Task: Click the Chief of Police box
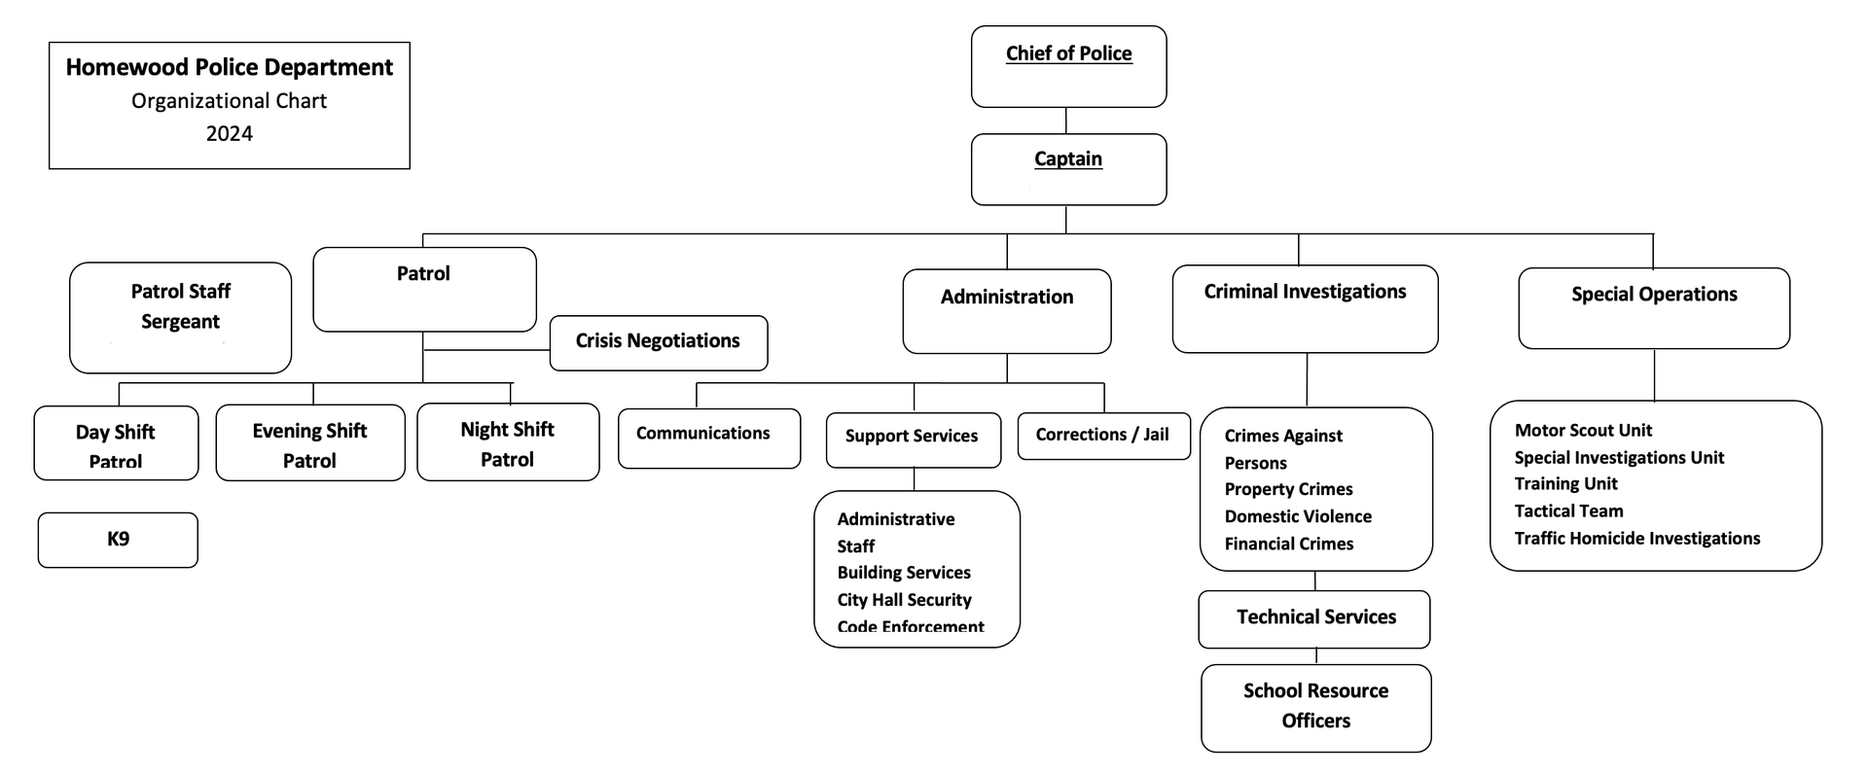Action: pyautogui.click(x=1068, y=66)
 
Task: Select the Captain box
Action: pyautogui.click(x=1068, y=169)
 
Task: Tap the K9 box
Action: pyautogui.click(x=118, y=540)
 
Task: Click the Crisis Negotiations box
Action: pyautogui.click(x=659, y=342)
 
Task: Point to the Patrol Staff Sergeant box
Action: pyautogui.click(x=181, y=317)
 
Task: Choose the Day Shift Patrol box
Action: pyautogui.click(x=116, y=442)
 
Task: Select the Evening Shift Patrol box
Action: pyautogui.click(x=310, y=442)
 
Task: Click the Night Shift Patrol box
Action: pyautogui.click(x=508, y=441)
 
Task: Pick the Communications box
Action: pyautogui.click(x=709, y=438)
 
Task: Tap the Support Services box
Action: pyautogui.click(x=914, y=440)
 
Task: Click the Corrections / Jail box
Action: pyautogui.click(x=1104, y=436)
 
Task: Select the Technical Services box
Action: pyautogui.click(x=1314, y=618)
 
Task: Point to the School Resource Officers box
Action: pyautogui.click(x=1316, y=708)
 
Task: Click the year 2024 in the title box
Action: pyautogui.click(x=230, y=134)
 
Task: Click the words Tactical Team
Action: pyautogui.click(x=1568, y=511)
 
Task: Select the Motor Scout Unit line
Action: pyautogui.click(x=1583, y=430)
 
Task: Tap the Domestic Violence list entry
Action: pyautogui.click(x=1298, y=516)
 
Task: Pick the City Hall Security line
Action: pyautogui.click(x=904, y=600)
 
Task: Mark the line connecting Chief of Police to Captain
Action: pyautogui.click(x=1066, y=121)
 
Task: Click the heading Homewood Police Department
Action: pyautogui.click(x=230, y=67)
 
